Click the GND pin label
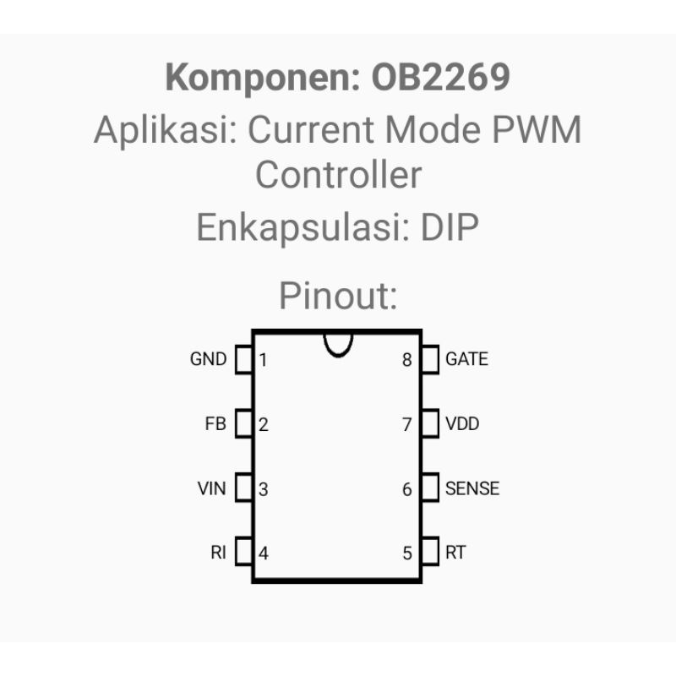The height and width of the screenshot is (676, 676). pyautogui.click(x=208, y=359)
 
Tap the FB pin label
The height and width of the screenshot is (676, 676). pyautogui.click(x=215, y=424)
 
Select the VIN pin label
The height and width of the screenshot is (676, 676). pyautogui.click(x=212, y=488)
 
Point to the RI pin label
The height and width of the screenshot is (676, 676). pyautogui.click(x=219, y=553)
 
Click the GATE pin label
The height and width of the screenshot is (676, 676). pyautogui.click(x=467, y=359)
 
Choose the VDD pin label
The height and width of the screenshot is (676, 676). pyautogui.click(x=462, y=424)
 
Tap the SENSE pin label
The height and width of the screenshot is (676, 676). pyautogui.click(x=472, y=488)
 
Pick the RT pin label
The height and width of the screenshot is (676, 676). pyautogui.click(x=455, y=553)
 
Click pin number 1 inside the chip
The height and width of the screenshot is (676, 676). pyautogui.click(x=263, y=360)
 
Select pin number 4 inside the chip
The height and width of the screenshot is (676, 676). pyautogui.click(x=264, y=553)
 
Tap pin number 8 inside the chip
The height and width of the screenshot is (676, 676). pyautogui.click(x=407, y=360)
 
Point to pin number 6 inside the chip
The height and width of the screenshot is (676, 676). pyautogui.click(x=407, y=489)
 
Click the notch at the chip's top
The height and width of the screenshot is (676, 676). pyautogui.click(x=339, y=356)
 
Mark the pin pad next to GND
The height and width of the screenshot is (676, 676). pyautogui.click(x=244, y=359)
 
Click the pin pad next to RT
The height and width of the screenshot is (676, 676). pyautogui.click(x=430, y=551)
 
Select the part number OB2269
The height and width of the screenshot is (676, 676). pyautogui.click(x=440, y=77)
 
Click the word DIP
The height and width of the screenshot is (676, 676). pyautogui.click(x=450, y=227)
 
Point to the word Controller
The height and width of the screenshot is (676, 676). pyautogui.click(x=339, y=175)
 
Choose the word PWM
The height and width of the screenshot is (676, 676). pyautogui.click(x=537, y=129)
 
